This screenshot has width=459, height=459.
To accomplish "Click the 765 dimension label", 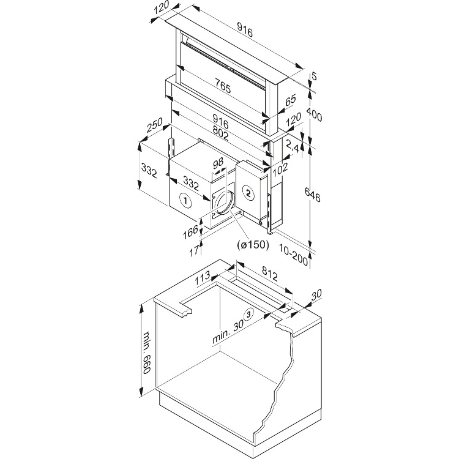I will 222,88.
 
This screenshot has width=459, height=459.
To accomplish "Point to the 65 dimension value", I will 290,100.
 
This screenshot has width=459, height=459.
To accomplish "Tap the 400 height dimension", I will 315,114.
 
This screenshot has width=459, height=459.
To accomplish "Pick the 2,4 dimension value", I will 293,147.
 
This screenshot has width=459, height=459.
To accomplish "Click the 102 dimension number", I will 280,168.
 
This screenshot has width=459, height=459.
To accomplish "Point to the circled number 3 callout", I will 248,315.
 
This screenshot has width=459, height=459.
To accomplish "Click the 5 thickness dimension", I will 314,76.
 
